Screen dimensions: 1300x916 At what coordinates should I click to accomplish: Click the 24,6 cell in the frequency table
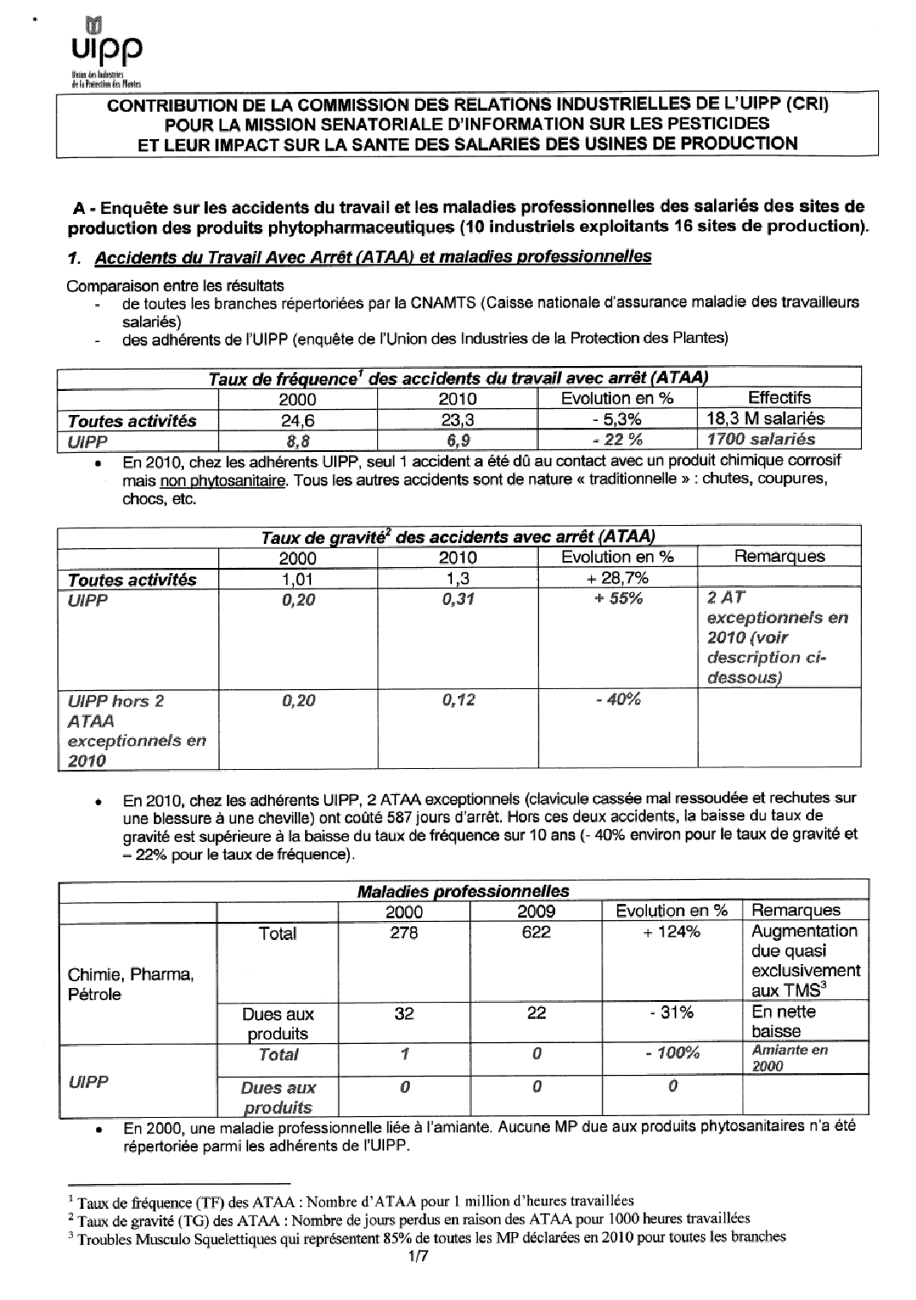click(x=297, y=419)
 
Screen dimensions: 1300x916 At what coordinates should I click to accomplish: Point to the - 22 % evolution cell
click(x=616, y=439)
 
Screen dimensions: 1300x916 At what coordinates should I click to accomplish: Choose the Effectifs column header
click(x=779, y=398)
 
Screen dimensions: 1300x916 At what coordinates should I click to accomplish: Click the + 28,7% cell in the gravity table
click(x=616, y=578)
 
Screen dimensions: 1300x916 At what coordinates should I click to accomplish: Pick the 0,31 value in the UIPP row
click(x=458, y=600)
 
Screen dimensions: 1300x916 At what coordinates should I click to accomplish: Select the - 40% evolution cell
click(x=616, y=700)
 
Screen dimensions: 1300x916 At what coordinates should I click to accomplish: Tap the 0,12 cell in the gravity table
click(x=458, y=700)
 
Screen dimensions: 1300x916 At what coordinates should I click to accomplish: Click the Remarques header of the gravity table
click(x=779, y=556)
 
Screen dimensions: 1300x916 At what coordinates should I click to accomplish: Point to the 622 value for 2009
click(x=535, y=932)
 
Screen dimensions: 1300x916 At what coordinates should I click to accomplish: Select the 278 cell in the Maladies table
click(x=403, y=932)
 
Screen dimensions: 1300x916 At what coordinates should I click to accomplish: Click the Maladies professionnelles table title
click(x=462, y=891)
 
